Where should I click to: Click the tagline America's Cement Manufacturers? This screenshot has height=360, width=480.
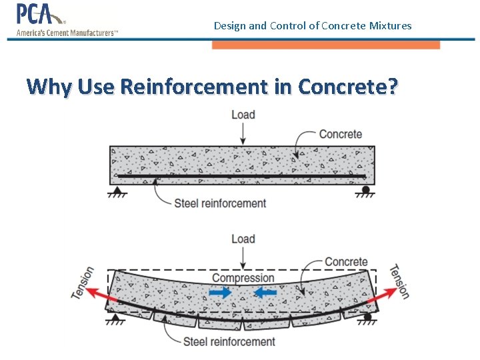pyautogui.click(x=67, y=32)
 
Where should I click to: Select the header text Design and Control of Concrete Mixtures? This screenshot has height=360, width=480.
pyautogui.click(x=313, y=26)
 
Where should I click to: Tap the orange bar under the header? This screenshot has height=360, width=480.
pyautogui.click(x=325, y=45)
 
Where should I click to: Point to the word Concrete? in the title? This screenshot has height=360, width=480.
pyautogui.click(x=349, y=87)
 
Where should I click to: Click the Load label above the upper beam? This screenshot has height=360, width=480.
pyautogui.click(x=243, y=115)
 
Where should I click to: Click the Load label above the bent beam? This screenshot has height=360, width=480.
pyautogui.click(x=243, y=239)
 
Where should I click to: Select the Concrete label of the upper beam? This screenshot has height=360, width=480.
pyautogui.click(x=340, y=134)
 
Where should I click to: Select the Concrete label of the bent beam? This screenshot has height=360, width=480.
pyautogui.click(x=346, y=262)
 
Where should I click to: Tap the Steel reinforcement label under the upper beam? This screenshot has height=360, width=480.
pyautogui.click(x=220, y=203)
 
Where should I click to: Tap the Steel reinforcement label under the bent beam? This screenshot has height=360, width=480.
pyautogui.click(x=229, y=342)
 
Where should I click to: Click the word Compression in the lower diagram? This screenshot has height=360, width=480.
pyautogui.click(x=243, y=278)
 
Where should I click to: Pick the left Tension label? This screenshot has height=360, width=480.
pyautogui.click(x=84, y=283)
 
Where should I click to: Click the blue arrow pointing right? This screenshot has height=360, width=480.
pyautogui.click(x=219, y=292)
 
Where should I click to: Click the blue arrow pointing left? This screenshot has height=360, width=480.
pyautogui.click(x=266, y=292)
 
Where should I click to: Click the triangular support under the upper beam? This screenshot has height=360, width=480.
pyautogui.click(x=117, y=191)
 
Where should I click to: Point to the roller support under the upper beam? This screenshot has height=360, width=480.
pyautogui.click(x=366, y=191)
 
